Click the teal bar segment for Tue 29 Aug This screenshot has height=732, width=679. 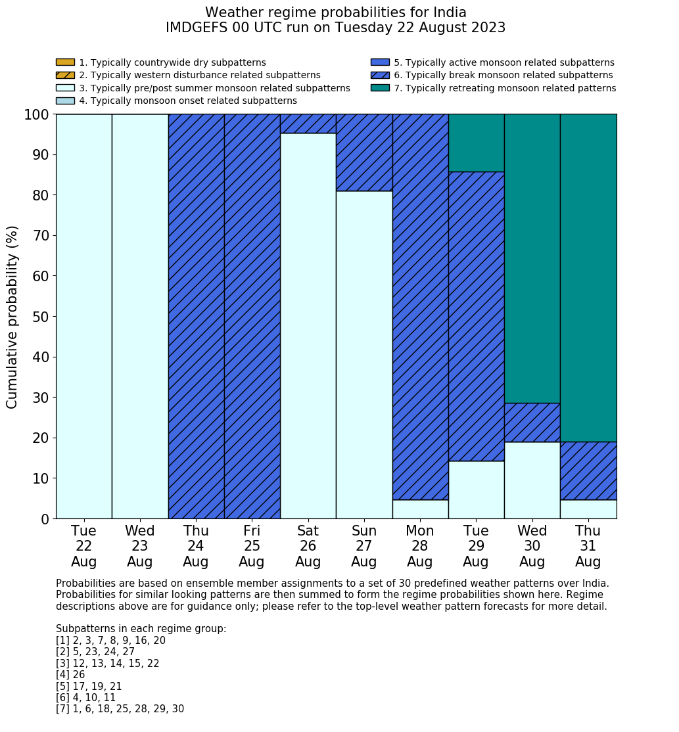click(x=476, y=143)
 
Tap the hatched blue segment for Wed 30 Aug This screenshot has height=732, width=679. click(x=532, y=422)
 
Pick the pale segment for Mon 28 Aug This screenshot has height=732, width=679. click(x=420, y=509)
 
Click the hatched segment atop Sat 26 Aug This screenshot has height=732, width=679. click(x=308, y=124)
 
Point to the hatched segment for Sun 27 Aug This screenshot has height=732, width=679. click(x=364, y=152)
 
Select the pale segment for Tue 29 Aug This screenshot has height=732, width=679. click(x=476, y=490)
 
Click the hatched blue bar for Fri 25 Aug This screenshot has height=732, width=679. click(x=252, y=316)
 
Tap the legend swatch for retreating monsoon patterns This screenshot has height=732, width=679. click(x=380, y=88)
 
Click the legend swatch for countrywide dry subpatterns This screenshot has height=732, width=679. click(x=65, y=62)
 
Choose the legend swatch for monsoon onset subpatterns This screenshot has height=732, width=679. click(x=65, y=101)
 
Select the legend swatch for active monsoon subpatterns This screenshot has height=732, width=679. click(x=380, y=62)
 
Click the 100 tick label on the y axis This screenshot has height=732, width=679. click(x=36, y=115)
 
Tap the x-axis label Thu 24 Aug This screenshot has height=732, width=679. click(x=196, y=546)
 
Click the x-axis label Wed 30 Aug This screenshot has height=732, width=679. click(x=532, y=546)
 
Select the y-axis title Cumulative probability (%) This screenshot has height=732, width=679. click(x=12, y=317)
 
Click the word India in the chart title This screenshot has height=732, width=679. click(x=450, y=12)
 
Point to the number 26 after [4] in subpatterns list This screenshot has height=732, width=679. click(x=79, y=675)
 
